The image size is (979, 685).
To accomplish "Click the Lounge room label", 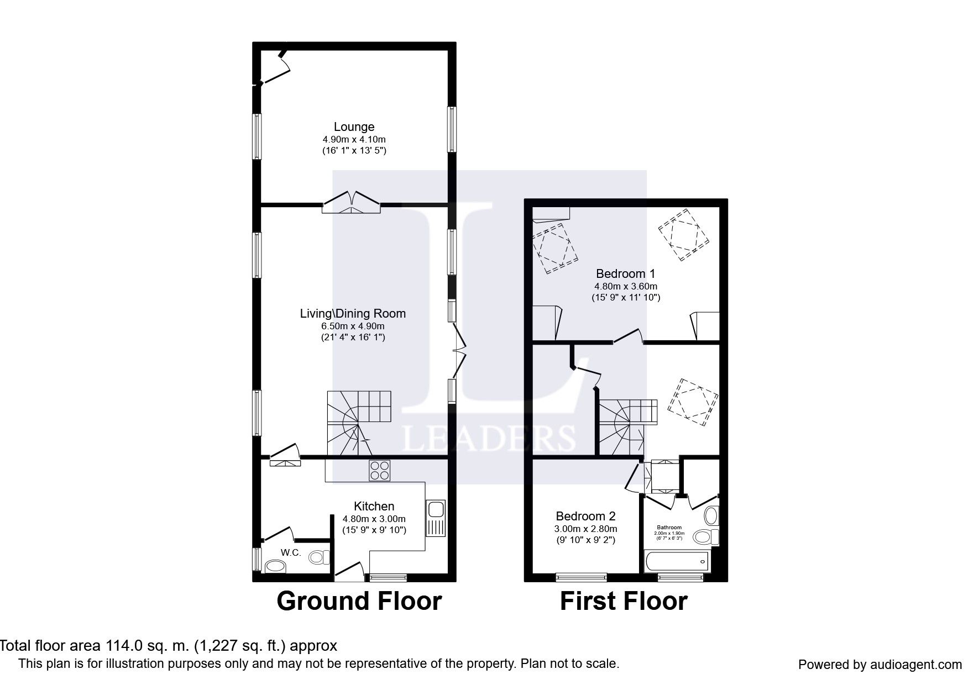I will pyautogui.click(x=354, y=127).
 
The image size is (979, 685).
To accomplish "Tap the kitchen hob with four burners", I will pyautogui.click(x=379, y=470).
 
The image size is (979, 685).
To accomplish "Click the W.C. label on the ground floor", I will pyautogui.click(x=291, y=552).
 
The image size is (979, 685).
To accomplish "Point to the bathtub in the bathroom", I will pyautogui.click(x=677, y=561).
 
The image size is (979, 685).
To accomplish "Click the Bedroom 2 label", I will pyautogui.click(x=585, y=516).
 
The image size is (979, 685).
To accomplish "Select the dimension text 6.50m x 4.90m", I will pyautogui.click(x=353, y=326).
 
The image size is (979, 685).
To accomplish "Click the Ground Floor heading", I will pyautogui.click(x=359, y=601).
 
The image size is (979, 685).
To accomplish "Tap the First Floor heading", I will pyautogui.click(x=624, y=601).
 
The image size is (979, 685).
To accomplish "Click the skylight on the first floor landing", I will pyautogui.click(x=693, y=402).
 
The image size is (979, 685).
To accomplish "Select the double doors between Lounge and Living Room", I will pyautogui.click(x=352, y=203).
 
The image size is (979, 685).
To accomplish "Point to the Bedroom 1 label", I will pyautogui.click(x=625, y=273).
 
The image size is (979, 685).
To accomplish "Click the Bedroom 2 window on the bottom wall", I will pyautogui.click(x=581, y=578).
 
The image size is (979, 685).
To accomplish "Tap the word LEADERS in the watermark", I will pyautogui.click(x=489, y=439).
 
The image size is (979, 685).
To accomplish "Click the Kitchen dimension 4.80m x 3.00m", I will pyautogui.click(x=374, y=519).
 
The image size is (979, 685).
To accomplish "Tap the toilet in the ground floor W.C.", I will pyautogui.click(x=317, y=557).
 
